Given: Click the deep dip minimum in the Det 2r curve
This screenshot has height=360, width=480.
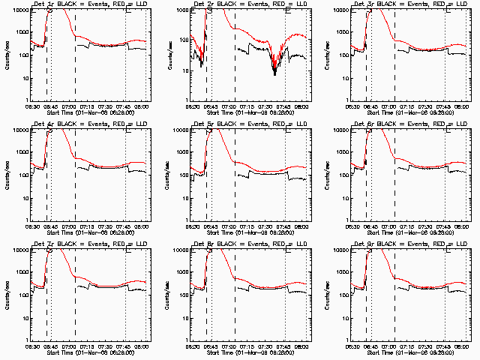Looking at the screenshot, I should click(274, 74).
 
